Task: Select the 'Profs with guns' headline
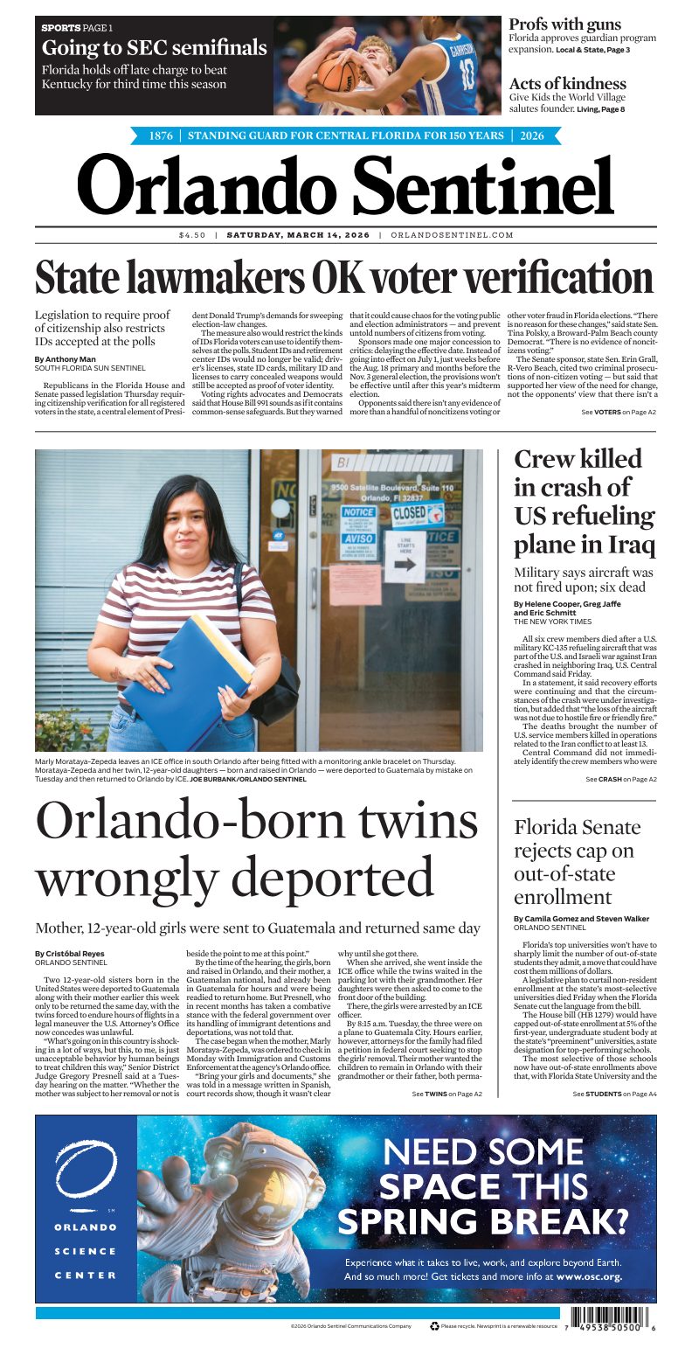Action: click(x=564, y=24)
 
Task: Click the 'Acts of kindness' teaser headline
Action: click(x=567, y=84)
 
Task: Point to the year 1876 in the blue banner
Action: click(x=161, y=136)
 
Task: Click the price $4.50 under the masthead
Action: click(x=191, y=235)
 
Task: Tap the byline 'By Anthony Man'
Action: click(x=66, y=359)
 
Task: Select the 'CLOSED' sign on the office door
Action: click(x=410, y=512)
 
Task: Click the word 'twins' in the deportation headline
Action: click(x=412, y=822)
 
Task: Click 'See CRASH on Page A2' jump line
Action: click(x=620, y=779)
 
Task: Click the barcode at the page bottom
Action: click(x=606, y=1319)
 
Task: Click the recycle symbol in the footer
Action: click(x=434, y=1325)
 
